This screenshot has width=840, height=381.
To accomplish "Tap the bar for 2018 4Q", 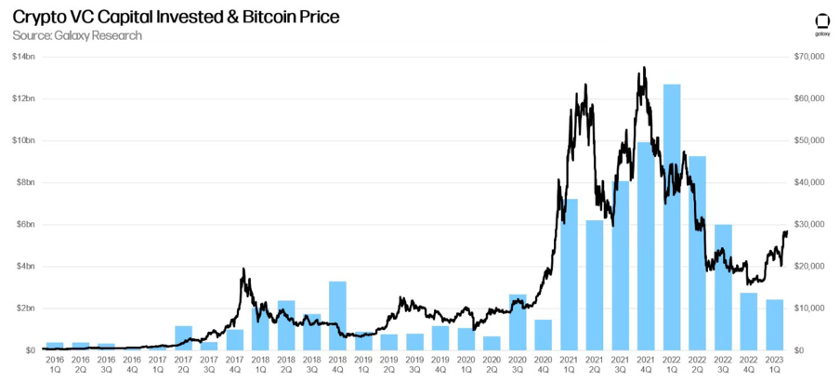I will pyautogui.click(x=338, y=315).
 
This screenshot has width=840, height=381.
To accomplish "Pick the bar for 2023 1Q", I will pyautogui.click(x=774, y=324).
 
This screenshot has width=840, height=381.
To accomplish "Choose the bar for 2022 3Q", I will pyautogui.click(x=722, y=287).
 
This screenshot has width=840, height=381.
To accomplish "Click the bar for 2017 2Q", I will pyautogui.click(x=184, y=337).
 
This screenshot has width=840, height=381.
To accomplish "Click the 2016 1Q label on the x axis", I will pyautogui.click(x=55, y=363).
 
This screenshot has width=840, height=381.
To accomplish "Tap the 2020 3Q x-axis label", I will pyautogui.click(x=518, y=363).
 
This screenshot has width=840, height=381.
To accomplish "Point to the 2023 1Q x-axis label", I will pyautogui.click(x=774, y=363).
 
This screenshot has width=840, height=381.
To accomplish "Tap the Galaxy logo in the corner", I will pyautogui.click(x=821, y=24).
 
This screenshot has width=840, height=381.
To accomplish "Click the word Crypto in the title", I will pyautogui.click(x=39, y=17).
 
